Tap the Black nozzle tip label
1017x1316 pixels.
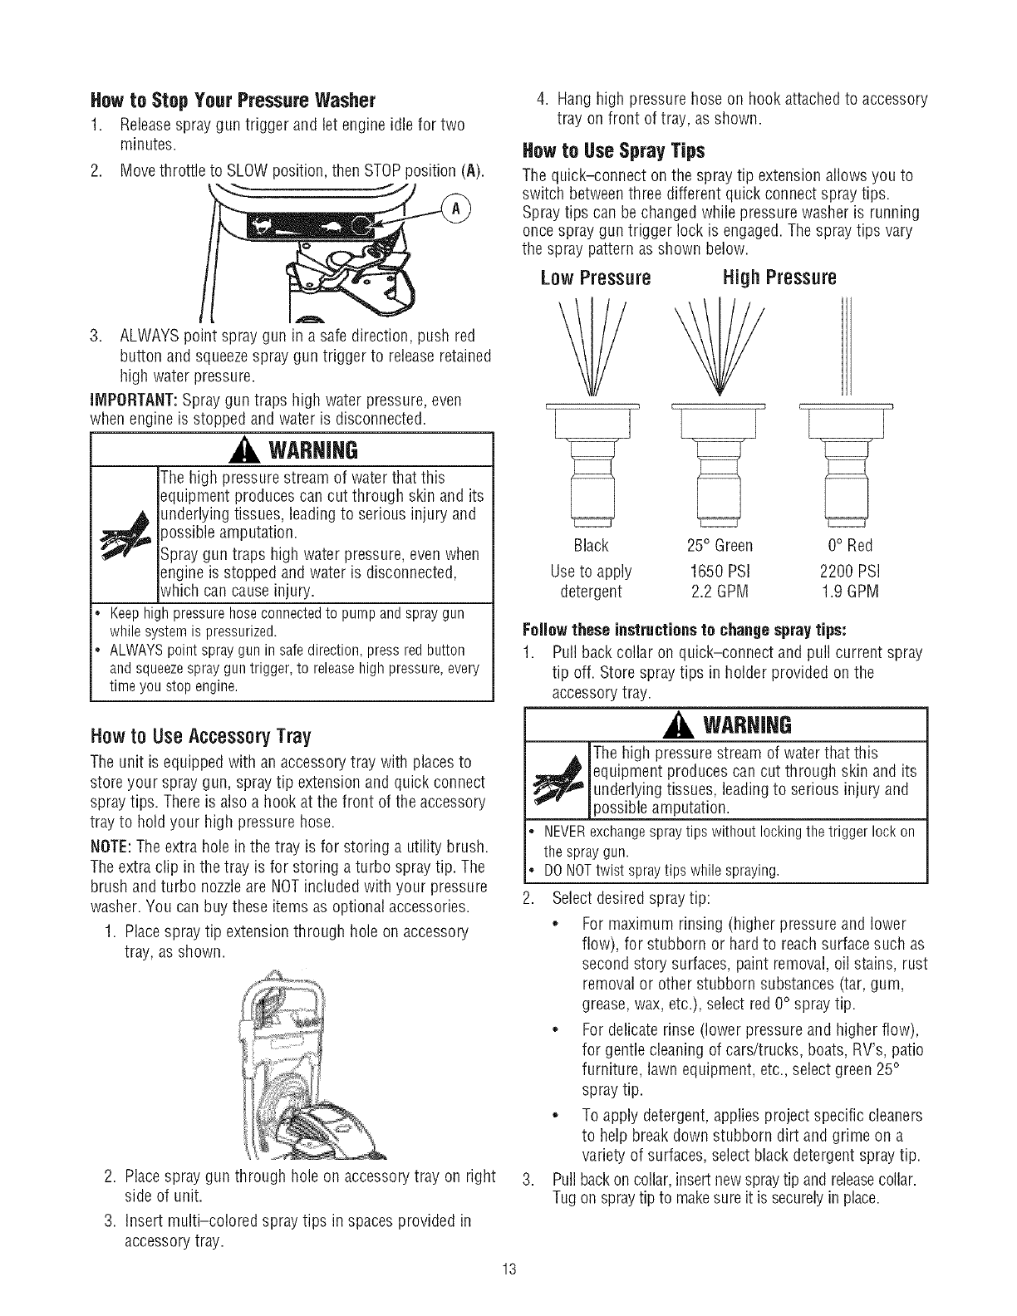point(591,546)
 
